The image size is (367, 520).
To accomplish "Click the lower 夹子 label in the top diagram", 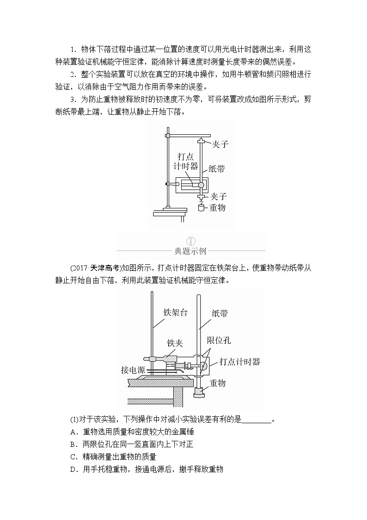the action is click(217, 196).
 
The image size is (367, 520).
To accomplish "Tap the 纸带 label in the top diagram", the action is click(217, 169).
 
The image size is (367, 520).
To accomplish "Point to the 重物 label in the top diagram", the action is click(217, 208).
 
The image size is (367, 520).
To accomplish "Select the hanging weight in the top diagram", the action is click(201, 207).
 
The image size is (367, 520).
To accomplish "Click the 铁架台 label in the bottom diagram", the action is click(176, 312).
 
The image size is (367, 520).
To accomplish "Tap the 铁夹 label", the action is click(175, 343).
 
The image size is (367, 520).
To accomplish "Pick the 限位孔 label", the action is click(219, 341).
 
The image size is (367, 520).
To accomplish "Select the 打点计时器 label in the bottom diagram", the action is click(239, 362).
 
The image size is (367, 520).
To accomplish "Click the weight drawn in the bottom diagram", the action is click(199, 393).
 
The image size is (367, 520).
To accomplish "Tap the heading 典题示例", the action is click(190, 251).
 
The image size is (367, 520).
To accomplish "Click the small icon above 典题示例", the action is click(190, 240).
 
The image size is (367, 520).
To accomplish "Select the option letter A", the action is click(73, 432).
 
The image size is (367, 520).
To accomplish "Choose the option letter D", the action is click(73, 470).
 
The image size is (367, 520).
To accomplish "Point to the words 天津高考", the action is click(104, 268).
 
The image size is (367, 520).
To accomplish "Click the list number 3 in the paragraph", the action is click(73, 99).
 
